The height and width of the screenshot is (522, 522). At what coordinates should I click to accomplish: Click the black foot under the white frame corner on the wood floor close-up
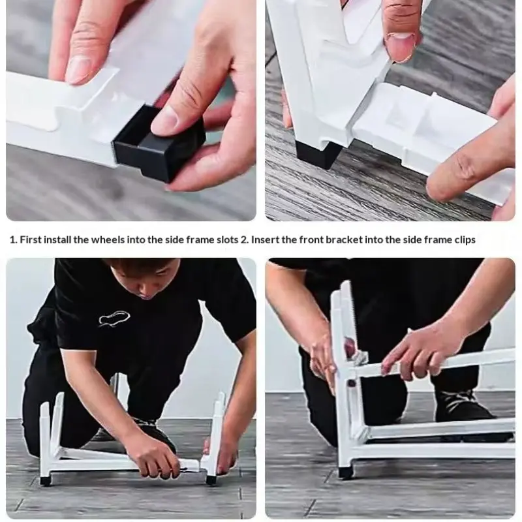tap(316, 154)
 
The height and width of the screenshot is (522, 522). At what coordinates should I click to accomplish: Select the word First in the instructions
tap(31, 239)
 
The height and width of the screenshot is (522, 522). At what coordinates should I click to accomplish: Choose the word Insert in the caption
tap(265, 239)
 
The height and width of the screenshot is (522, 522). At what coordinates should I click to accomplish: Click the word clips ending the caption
tap(465, 240)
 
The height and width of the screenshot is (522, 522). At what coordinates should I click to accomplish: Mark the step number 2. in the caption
tap(245, 239)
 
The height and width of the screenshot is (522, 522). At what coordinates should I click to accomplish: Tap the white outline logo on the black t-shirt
tap(114, 317)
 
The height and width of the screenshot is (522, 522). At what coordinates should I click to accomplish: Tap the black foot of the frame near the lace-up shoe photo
tap(346, 472)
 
